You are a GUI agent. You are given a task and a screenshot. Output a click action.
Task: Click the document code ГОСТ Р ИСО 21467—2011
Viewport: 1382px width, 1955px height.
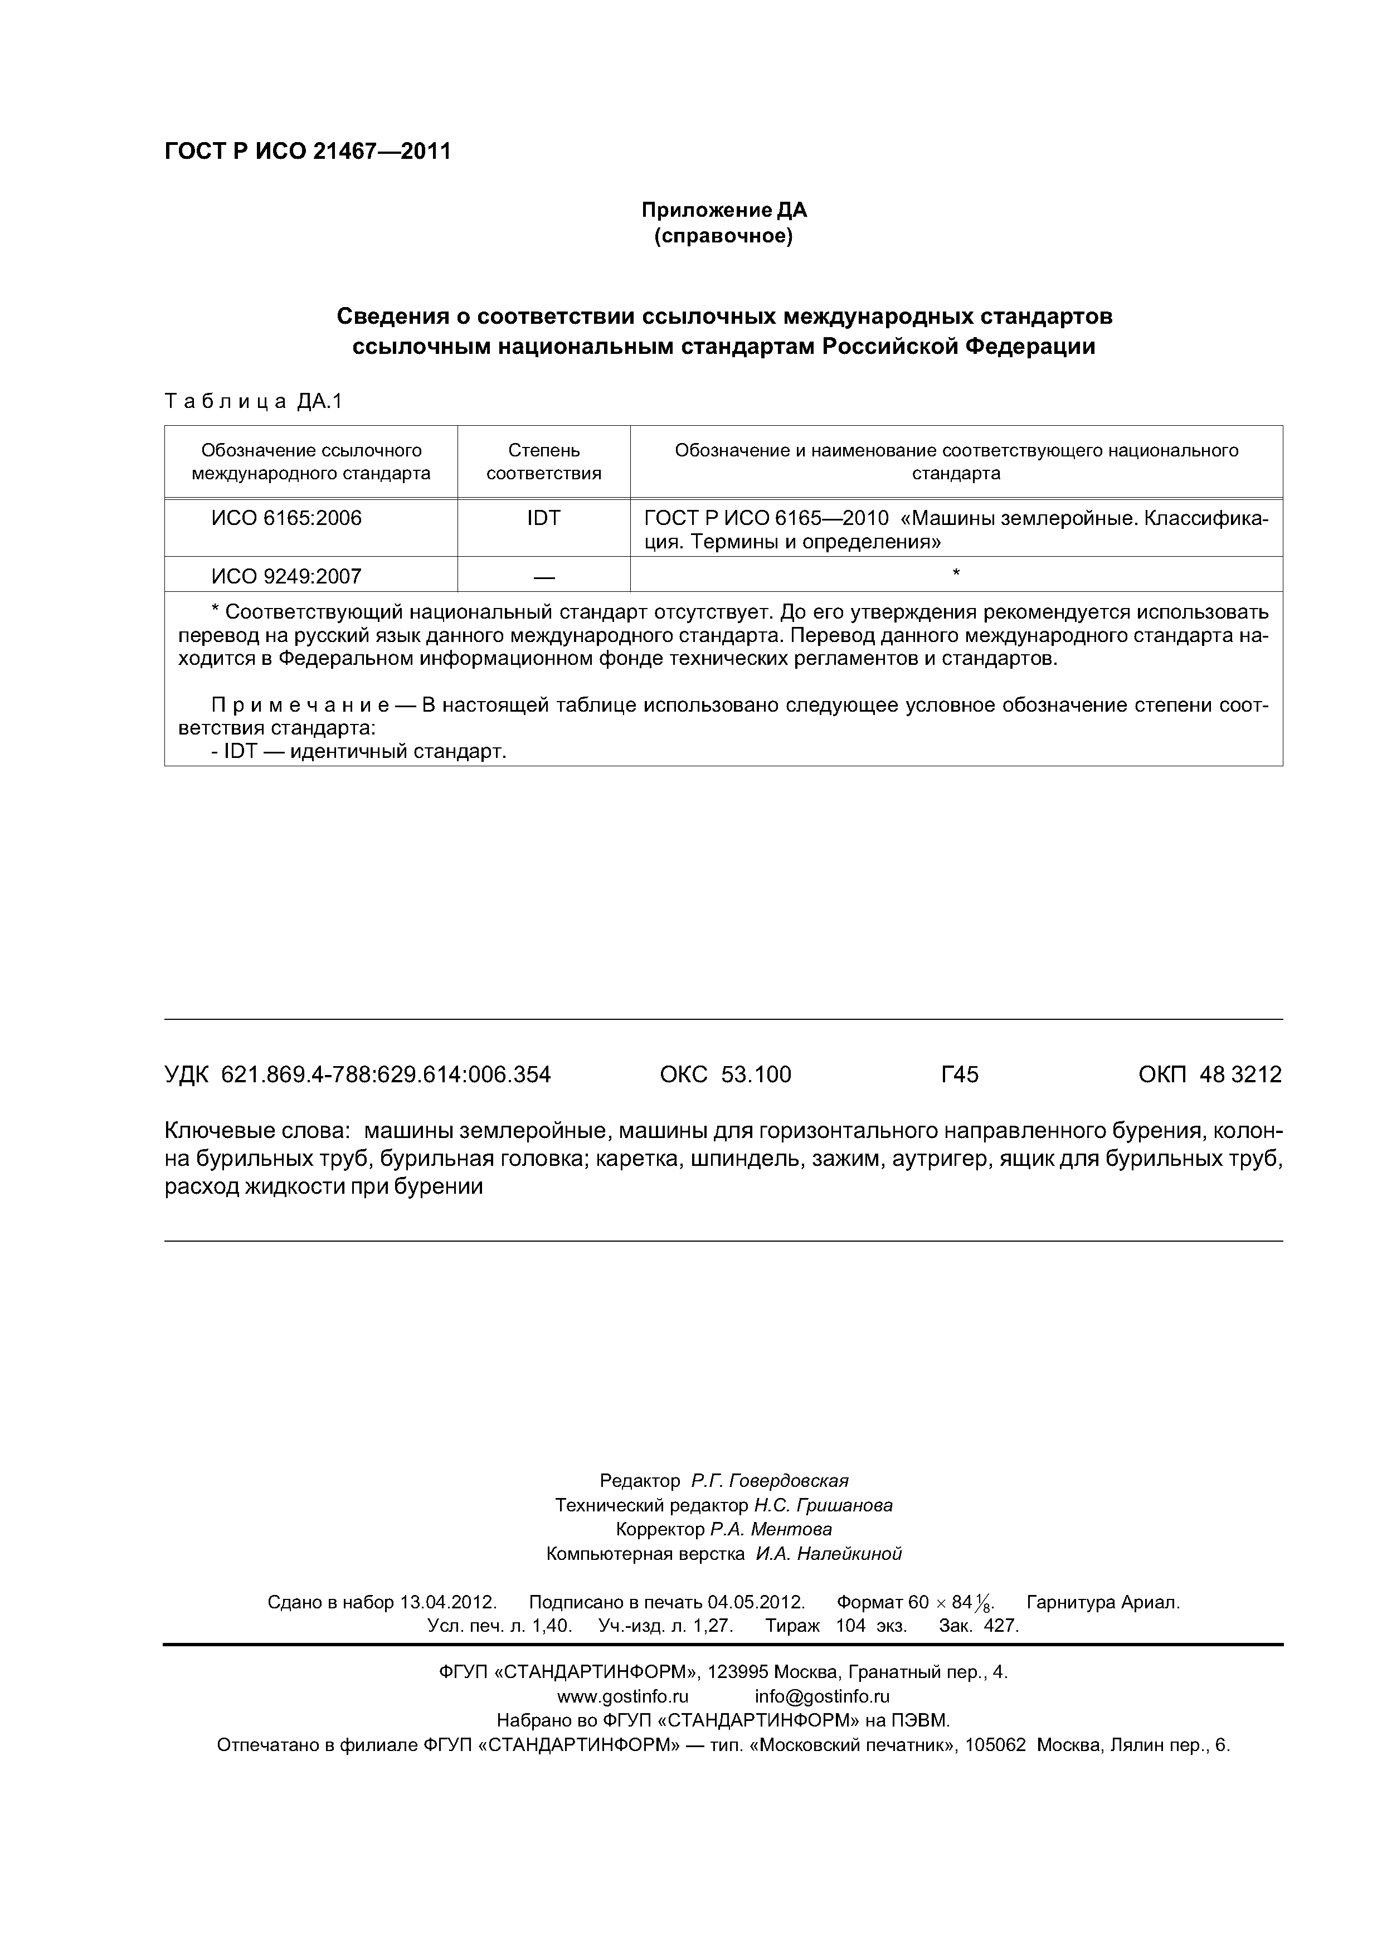306,152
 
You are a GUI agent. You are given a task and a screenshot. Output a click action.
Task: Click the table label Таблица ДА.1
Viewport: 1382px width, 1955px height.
253,401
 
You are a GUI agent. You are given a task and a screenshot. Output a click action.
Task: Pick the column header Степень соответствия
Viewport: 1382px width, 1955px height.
543,461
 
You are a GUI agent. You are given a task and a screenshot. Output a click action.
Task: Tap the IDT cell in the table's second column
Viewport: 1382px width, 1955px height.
543,518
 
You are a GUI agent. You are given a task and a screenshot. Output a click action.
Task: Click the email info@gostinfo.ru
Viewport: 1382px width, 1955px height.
822,1696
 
